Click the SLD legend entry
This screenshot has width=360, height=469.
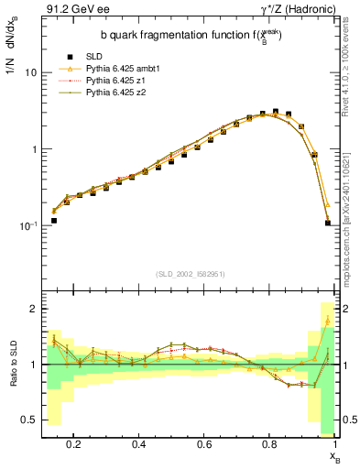tap(82, 57)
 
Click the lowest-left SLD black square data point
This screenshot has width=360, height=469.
tap(54, 221)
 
